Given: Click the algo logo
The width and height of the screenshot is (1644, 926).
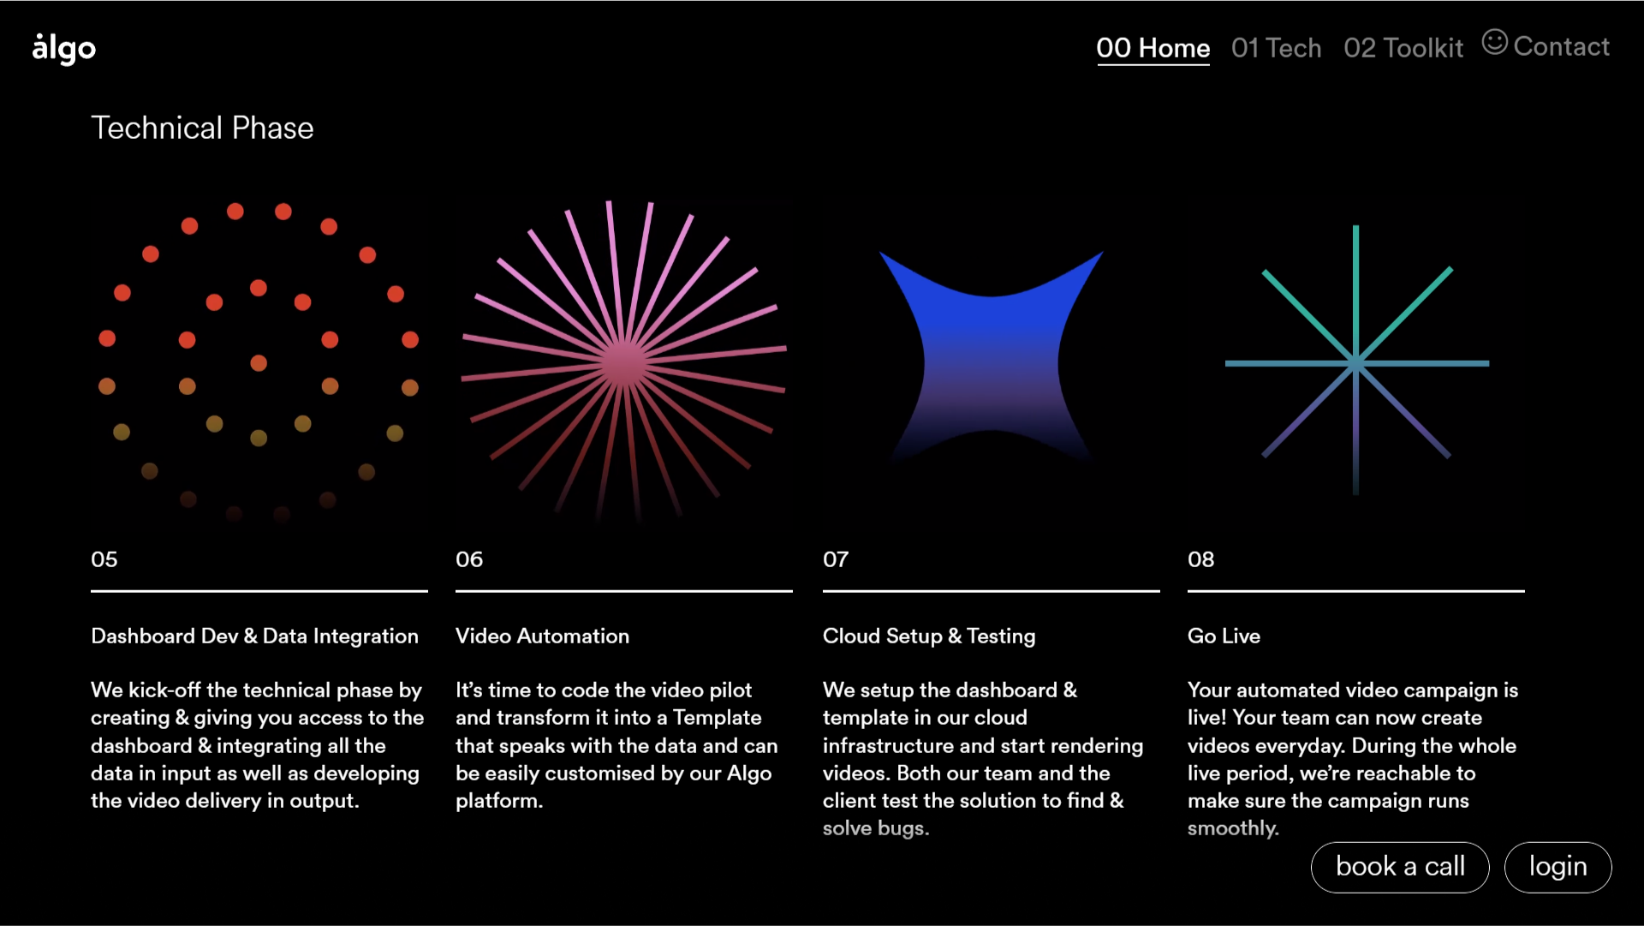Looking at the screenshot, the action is [x=63, y=49].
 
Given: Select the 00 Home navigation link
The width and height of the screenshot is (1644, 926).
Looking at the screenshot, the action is [x=1153, y=48].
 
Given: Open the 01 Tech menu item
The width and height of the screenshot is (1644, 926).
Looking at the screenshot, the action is [x=1276, y=48].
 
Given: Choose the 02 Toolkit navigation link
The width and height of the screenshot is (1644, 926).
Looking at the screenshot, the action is [x=1403, y=48].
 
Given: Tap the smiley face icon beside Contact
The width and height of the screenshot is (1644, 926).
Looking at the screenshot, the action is [x=1494, y=42].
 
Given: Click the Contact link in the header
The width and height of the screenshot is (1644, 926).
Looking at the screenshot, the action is [x=1561, y=46].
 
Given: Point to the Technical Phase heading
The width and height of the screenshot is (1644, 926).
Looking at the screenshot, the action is [x=202, y=128].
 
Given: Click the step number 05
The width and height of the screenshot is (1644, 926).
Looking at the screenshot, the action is [x=104, y=559].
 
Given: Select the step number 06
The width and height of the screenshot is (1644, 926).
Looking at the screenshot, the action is [x=469, y=559].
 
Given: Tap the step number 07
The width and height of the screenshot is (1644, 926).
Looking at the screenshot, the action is [x=836, y=559].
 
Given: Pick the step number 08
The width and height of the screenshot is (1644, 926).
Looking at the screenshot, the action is [x=1200, y=559].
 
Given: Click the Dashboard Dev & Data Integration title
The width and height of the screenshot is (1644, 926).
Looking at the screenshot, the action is [x=254, y=636].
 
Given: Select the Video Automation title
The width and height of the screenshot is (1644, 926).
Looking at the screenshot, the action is [x=542, y=636].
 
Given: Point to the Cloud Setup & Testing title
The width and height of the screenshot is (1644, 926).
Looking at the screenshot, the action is [x=929, y=636].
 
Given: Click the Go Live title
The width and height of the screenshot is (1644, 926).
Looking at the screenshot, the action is [x=1224, y=636].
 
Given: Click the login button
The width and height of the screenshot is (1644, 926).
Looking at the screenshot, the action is [x=1558, y=867].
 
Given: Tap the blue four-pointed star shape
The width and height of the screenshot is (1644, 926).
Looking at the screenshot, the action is [x=992, y=360].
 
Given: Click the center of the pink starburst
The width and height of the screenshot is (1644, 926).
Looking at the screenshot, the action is [x=624, y=363].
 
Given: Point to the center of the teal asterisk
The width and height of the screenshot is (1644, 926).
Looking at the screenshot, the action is [x=1356, y=363].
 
